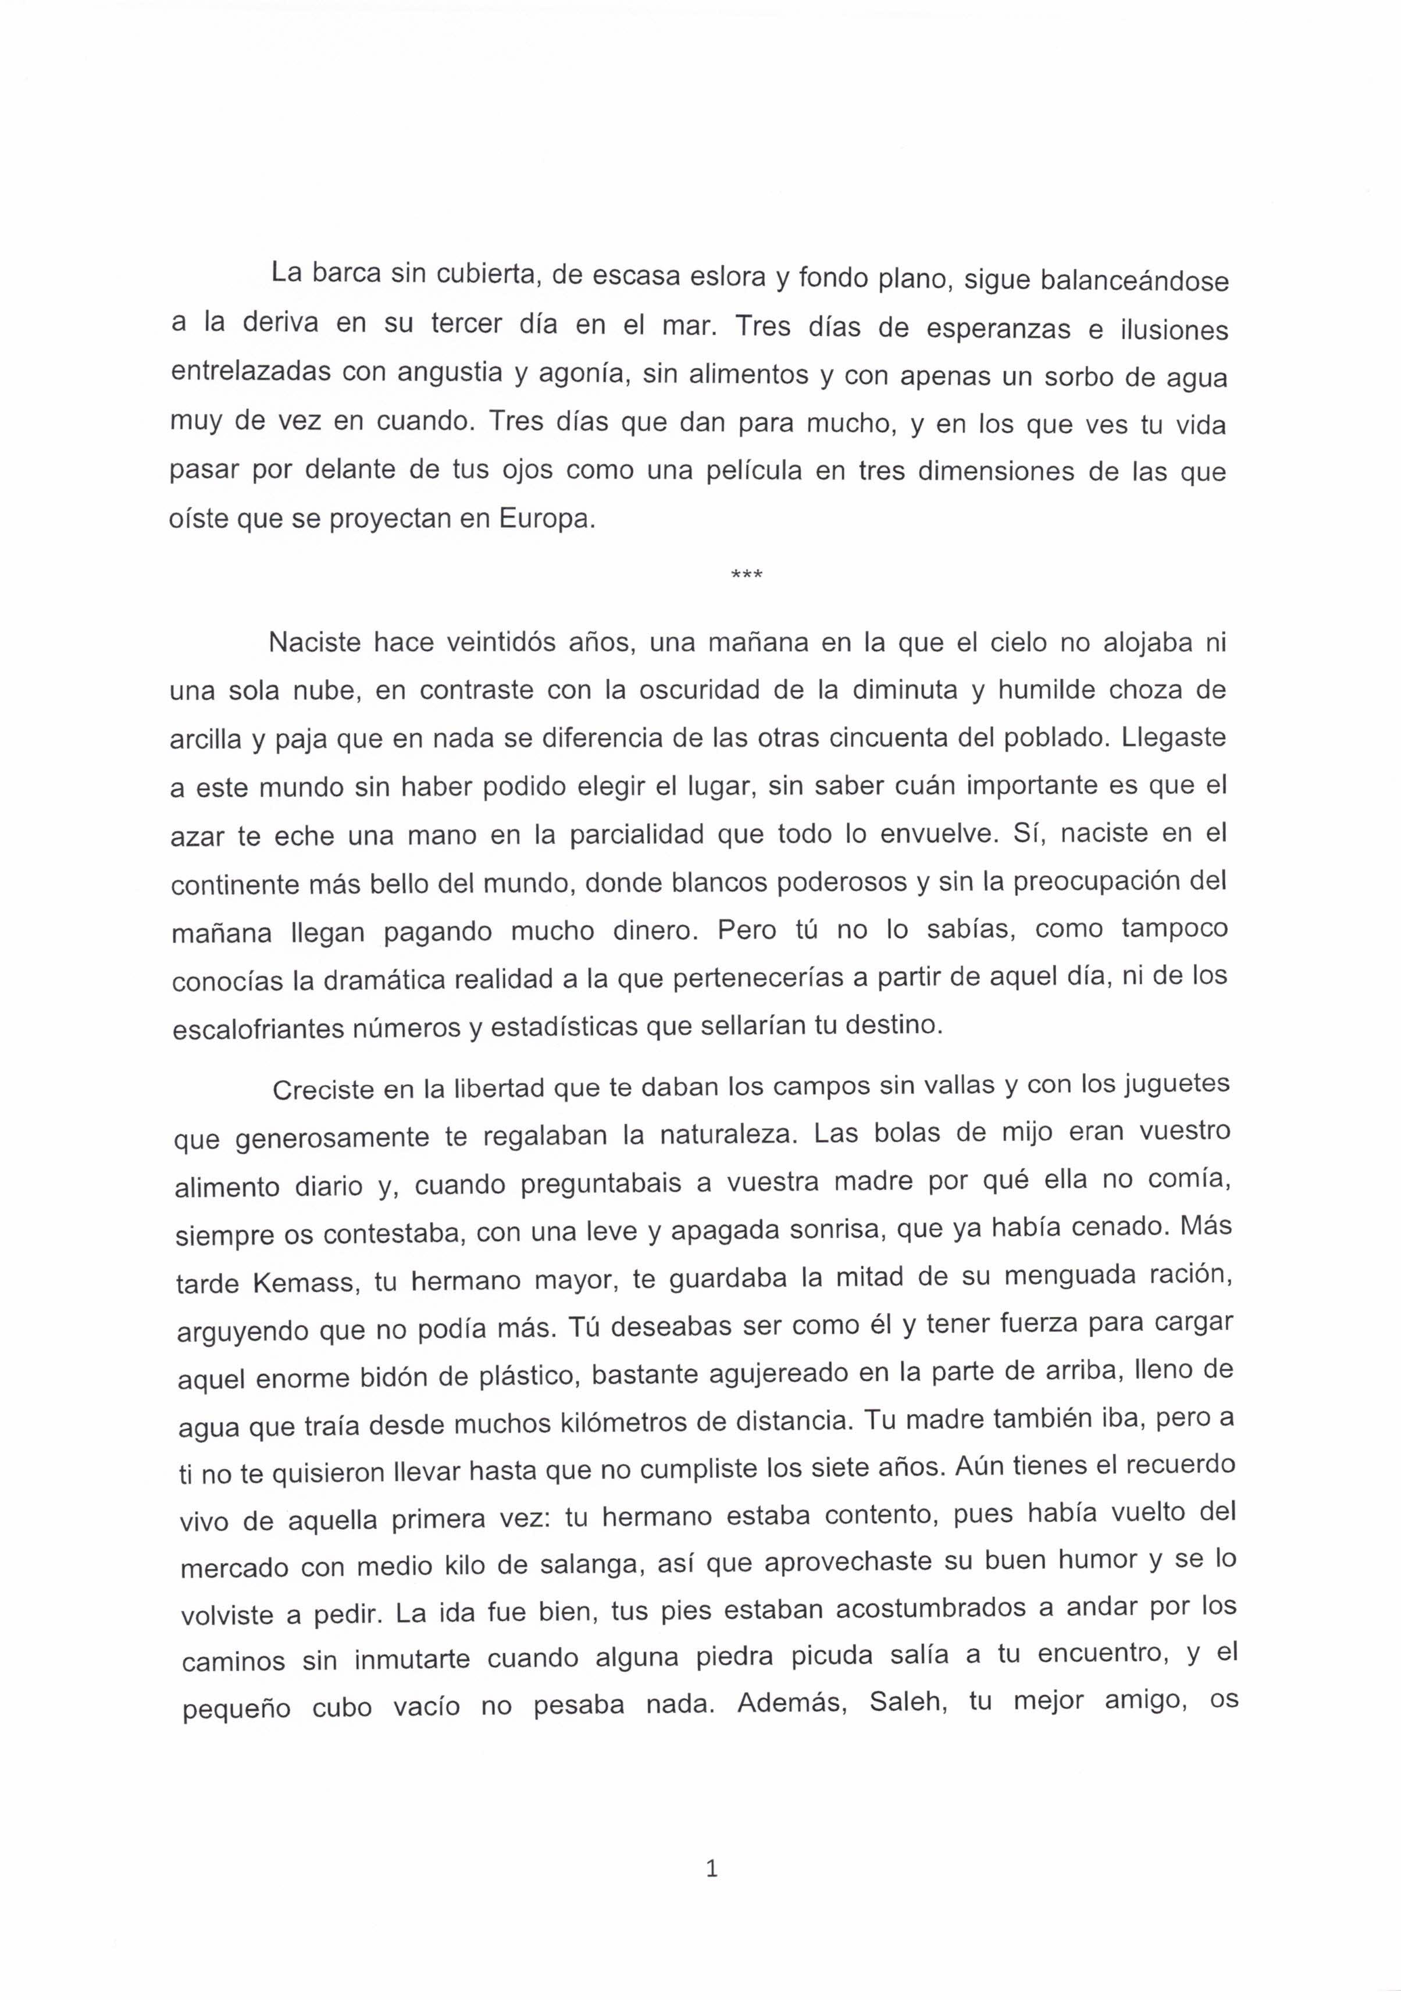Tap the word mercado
234,1569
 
